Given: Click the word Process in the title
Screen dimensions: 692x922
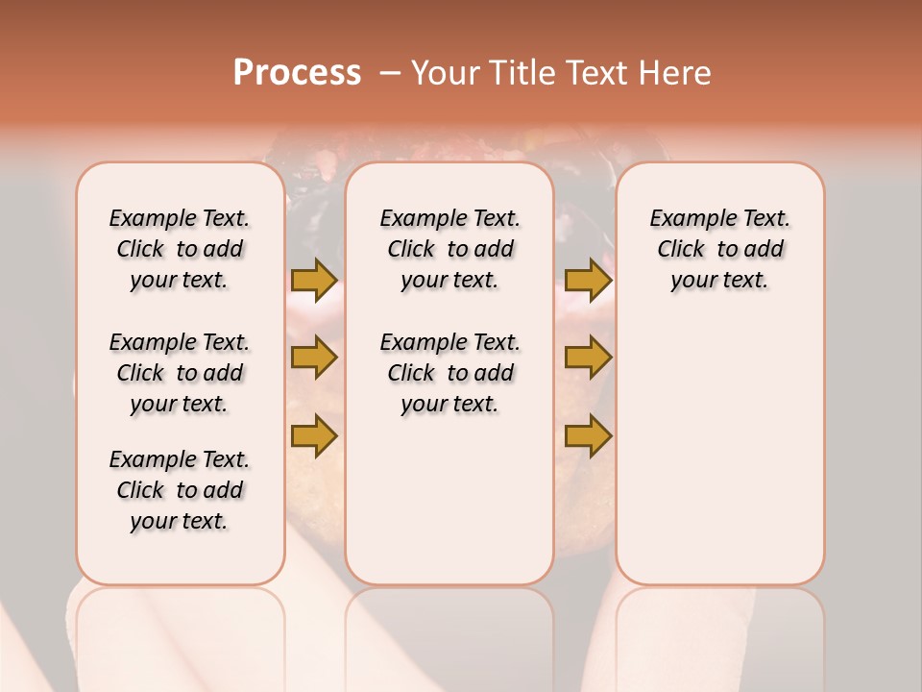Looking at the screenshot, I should [297, 73].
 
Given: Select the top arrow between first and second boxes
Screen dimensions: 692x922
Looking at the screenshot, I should [314, 280].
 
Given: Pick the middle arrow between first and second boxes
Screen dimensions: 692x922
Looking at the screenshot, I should [314, 358].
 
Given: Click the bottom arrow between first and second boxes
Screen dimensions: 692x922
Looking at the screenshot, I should [314, 435].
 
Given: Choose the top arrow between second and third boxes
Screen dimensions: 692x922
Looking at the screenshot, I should [588, 280].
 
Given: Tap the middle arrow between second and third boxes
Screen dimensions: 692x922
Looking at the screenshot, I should [588, 358].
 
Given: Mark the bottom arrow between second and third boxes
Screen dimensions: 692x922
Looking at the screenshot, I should [588, 435].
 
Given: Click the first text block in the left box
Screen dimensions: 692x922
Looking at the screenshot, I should [180, 249].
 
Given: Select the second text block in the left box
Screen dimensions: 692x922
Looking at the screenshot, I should [180, 373].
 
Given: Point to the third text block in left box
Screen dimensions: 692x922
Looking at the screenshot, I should [180, 490].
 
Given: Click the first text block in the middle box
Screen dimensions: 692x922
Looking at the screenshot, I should [449, 249].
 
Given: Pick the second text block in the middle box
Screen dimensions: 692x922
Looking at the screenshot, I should [449, 373].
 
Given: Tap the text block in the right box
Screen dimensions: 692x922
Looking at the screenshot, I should [719, 249].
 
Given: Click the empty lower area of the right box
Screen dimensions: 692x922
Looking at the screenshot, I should [719, 461].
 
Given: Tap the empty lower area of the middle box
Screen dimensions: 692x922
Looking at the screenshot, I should [449, 500].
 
